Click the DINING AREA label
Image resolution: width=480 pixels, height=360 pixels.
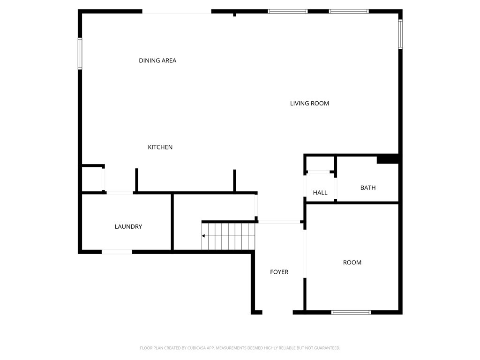[157, 60]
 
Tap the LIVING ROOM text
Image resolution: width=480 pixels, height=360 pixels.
[309, 103]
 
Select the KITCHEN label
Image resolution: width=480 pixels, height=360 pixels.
[160, 147]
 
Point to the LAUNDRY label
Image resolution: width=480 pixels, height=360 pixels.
[128, 226]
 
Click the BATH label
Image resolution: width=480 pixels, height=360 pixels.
[368, 187]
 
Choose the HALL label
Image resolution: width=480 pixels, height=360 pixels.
[320, 193]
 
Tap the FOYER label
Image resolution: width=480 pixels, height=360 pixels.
[279, 272]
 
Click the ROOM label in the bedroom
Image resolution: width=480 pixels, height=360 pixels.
[352, 262]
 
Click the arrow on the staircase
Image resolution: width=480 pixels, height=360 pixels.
[204, 236]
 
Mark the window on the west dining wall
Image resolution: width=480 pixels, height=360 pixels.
[80, 53]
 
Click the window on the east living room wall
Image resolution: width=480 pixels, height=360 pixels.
[400, 34]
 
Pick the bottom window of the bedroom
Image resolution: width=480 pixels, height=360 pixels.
[351, 312]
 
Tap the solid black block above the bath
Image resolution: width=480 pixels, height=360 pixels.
[387, 159]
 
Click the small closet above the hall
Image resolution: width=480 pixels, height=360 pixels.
[320, 163]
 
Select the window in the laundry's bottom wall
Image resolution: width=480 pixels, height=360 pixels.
[117, 252]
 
